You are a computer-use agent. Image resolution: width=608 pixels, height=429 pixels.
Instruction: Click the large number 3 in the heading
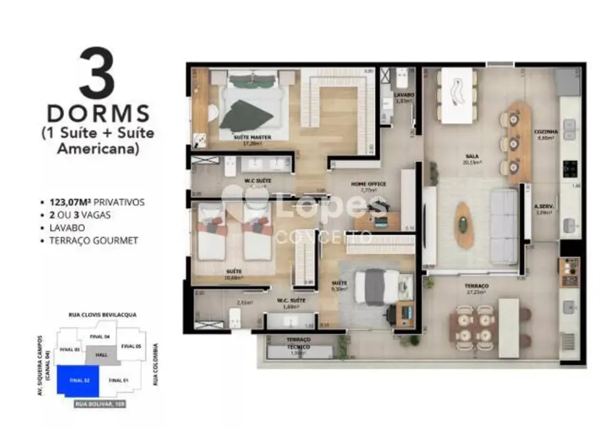click(x=97, y=74)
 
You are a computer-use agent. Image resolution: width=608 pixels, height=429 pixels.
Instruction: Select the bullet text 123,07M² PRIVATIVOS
click(x=96, y=202)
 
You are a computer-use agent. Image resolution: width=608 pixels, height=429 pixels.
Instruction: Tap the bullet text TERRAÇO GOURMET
click(x=94, y=240)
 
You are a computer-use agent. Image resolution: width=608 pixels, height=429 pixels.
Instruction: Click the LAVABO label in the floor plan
click(x=404, y=95)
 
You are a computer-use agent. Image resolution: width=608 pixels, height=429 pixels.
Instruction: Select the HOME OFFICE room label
click(x=368, y=184)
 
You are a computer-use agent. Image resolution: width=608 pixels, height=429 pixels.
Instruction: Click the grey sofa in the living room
click(x=503, y=225)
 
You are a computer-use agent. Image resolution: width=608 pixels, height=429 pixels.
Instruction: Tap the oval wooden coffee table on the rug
click(x=465, y=224)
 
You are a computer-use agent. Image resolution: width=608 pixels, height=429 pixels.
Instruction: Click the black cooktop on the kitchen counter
click(x=568, y=170)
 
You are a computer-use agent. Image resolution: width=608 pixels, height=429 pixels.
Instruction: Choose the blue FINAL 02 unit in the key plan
click(x=77, y=380)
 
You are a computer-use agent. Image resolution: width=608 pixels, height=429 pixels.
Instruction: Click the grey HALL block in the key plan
click(x=101, y=354)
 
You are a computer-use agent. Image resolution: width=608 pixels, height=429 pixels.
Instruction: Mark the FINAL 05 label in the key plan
click(x=131, y=346)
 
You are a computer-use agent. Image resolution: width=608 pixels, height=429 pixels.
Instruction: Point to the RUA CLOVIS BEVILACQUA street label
click(x=103, y=315)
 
